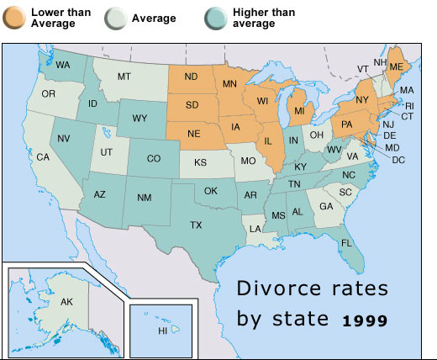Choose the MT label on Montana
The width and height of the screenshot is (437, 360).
[124, 77]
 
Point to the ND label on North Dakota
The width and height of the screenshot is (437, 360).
[192, 77]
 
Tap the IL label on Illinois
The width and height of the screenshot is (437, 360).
[269, 140]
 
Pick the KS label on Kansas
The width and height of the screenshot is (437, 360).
[201, 161]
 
